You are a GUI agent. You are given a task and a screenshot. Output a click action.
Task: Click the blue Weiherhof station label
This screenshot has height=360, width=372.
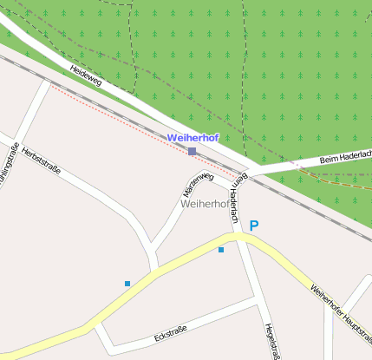(x=193, y=138)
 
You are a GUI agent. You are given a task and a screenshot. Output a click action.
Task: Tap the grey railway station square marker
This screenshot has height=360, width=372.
(x=192, y=152)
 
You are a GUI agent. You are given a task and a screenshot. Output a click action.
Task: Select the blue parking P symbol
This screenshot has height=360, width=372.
(x=254, y=226)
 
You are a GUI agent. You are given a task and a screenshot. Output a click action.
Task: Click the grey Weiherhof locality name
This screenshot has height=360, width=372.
(x=205, y=205)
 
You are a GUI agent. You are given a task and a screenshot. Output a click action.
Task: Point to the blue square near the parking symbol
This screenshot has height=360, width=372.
(x=221, y=250)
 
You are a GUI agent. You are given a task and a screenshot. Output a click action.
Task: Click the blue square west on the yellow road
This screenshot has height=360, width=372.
(x=127, y=283)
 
